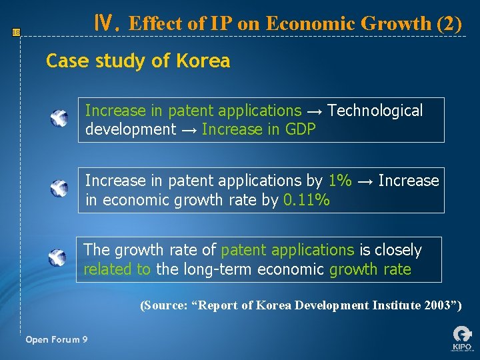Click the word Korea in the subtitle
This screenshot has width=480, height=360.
point(203,61)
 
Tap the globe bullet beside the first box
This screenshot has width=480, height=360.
point(59,119)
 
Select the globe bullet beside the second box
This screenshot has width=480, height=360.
point(59,189)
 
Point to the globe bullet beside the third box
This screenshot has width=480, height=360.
point(58,258)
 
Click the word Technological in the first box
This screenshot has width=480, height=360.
point(375,111)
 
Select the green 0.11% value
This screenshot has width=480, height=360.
point(306,199)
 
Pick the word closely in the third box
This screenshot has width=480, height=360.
point(398,250)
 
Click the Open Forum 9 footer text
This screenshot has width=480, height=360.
point(56,340)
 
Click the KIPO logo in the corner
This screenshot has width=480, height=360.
point(461,338)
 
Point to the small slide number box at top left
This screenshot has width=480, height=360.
point(17,31)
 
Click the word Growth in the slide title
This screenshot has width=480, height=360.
point(396,24)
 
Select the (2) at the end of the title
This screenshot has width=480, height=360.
point(449,24)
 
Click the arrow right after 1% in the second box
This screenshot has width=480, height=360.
point(365,181)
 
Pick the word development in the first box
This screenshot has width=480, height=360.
point(131,129)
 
